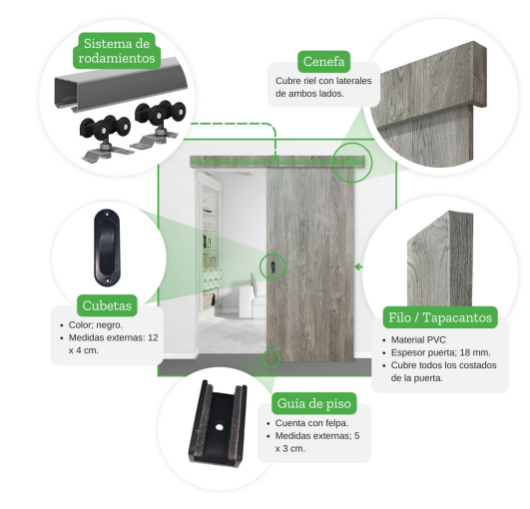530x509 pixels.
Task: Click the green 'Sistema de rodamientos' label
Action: tap(117, 51)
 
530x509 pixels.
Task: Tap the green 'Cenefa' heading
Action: tap(323, 62)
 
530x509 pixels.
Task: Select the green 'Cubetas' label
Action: tap(107, 305)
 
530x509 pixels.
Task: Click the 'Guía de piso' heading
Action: tap(314, 403)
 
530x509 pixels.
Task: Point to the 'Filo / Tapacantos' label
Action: tap(440, 317)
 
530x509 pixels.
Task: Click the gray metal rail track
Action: tap(121, 84)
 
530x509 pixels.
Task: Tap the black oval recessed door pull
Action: tap(107, 249)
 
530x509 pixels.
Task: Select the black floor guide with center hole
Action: tap(218, 424)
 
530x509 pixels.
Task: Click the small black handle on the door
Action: tap(272, 267)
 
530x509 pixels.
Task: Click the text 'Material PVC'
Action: tap(418, 339)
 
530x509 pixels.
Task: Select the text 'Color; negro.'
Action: tap(96, 324)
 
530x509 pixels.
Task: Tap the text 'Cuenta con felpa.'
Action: tap(311, 423)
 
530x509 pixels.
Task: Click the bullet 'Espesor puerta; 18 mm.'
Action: tap(441, 352)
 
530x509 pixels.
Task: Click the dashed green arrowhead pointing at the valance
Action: tap(275, 157)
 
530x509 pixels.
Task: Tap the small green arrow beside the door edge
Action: tap(358, 267)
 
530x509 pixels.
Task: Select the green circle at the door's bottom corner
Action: tap(271, 358)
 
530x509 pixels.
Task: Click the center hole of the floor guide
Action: tap(220, 427)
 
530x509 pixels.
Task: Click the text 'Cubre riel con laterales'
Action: tap(323, 81)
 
